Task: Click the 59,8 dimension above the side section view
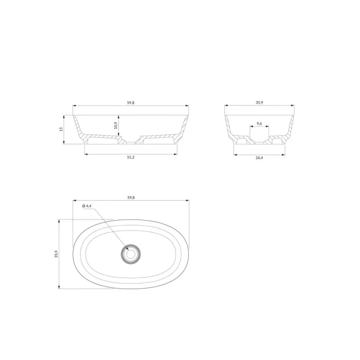pyautogui.click(x=130, y=103)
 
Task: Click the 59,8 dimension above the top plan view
pyautogui.click(x=131, y=198)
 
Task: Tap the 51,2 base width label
pyautogui.click(x=130, y=157)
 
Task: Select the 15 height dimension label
pyautogui.click(x=61, y=129)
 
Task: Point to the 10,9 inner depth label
pyautogui.click(x=116, y=126)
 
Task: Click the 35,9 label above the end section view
pyautogui.click(x=259, y=103)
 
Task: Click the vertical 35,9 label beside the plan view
pyautogui.click(x=56, y=254)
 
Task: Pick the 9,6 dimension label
pyautogui.click(x=259, y=123)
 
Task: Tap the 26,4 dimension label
pyautogui.click(x=259, y=158)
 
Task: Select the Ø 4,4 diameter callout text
pyautogui.click(x=86, y=206)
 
